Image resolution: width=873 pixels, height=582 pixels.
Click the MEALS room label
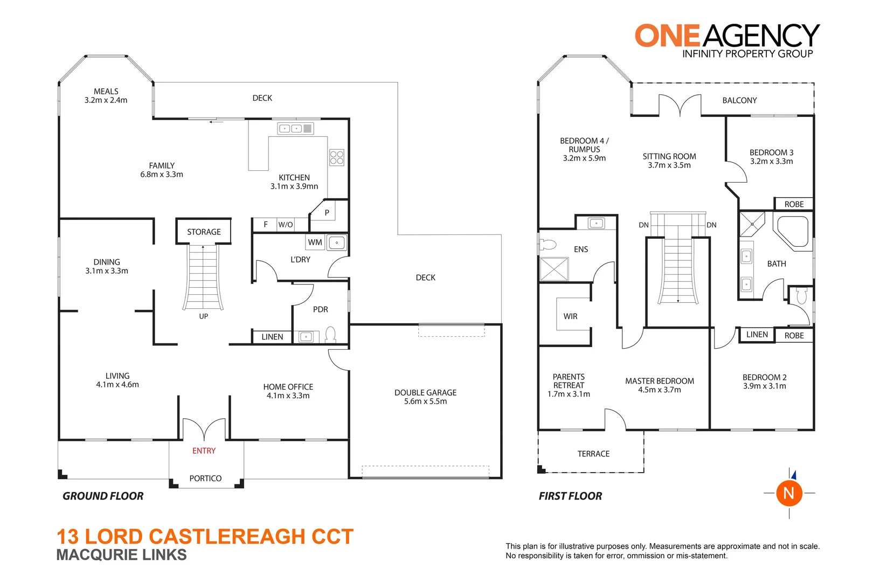click(x=106, y=92)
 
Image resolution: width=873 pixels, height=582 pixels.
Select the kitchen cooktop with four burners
click(x=337, y=157)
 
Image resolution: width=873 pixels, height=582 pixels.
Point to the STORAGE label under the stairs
click(x=204, y=232)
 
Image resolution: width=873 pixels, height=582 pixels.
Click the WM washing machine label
click(x=315, y=242)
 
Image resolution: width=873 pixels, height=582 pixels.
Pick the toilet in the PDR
click(x=330, y=335)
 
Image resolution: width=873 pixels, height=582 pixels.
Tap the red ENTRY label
click(x=204, y=451)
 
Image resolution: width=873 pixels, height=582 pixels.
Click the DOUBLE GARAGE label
click(x=425, y=393)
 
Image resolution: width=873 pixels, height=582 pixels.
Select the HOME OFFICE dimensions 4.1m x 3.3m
click(x=288, y=396)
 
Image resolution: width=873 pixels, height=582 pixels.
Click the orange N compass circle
click(x=789, y=493)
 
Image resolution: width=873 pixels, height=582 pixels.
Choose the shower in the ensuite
click(x=554, y=269)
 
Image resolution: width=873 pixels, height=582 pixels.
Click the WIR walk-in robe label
click(x=570, y=316)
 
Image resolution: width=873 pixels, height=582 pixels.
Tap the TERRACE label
click(x=593, y=454)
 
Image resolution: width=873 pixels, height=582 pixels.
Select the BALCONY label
click(x=739, y=100)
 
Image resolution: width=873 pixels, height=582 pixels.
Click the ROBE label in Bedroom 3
click(x=794, y=204)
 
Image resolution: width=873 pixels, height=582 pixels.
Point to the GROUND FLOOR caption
click(x=103, y=496)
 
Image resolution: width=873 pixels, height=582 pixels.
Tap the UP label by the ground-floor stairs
click(x=203, y=316)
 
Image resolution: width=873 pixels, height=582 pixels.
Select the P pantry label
click(x=327, y=213)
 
